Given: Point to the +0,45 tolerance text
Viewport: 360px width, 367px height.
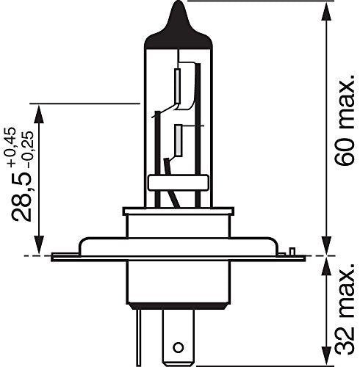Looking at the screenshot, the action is (x=11, y=148).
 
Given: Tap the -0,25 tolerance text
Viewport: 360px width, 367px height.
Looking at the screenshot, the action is (x=28, y=149).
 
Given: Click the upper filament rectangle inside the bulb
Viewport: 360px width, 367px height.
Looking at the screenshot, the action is (x=177, y=86).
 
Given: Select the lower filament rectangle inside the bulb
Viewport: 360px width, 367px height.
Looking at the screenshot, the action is (x=178, y=140).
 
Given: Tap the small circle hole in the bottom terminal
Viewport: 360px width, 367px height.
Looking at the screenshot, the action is (x=178, y=347).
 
